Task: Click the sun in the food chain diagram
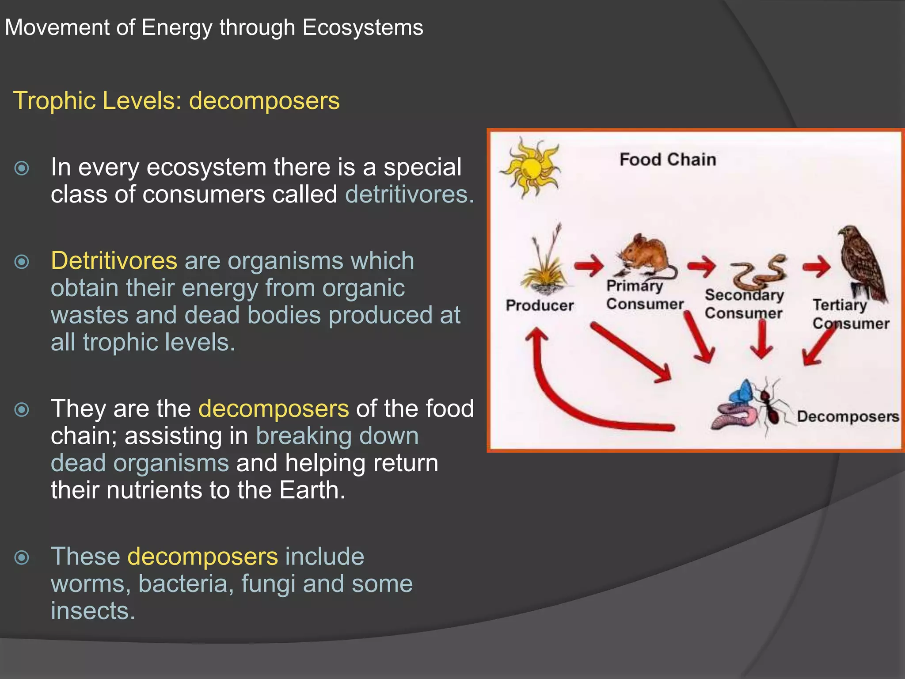pyautogui.click(x=530, y=167)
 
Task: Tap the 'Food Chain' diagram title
pyautogui.click(x=667, y=160)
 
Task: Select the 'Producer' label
pyautogui.click(x=540, y=305)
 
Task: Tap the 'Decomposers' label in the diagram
pyautogui.click(x=848, y=416)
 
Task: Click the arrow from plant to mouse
pyautogui.click(x=589, y=266)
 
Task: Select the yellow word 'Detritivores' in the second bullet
pyautogui.click(x=114, y=261)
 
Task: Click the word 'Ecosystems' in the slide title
pyautogui.click(x=363, y=27)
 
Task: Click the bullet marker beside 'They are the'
pyautogui.click(x=22, y=410)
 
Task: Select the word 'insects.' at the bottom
pyautogui.click(x=93, y=611)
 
